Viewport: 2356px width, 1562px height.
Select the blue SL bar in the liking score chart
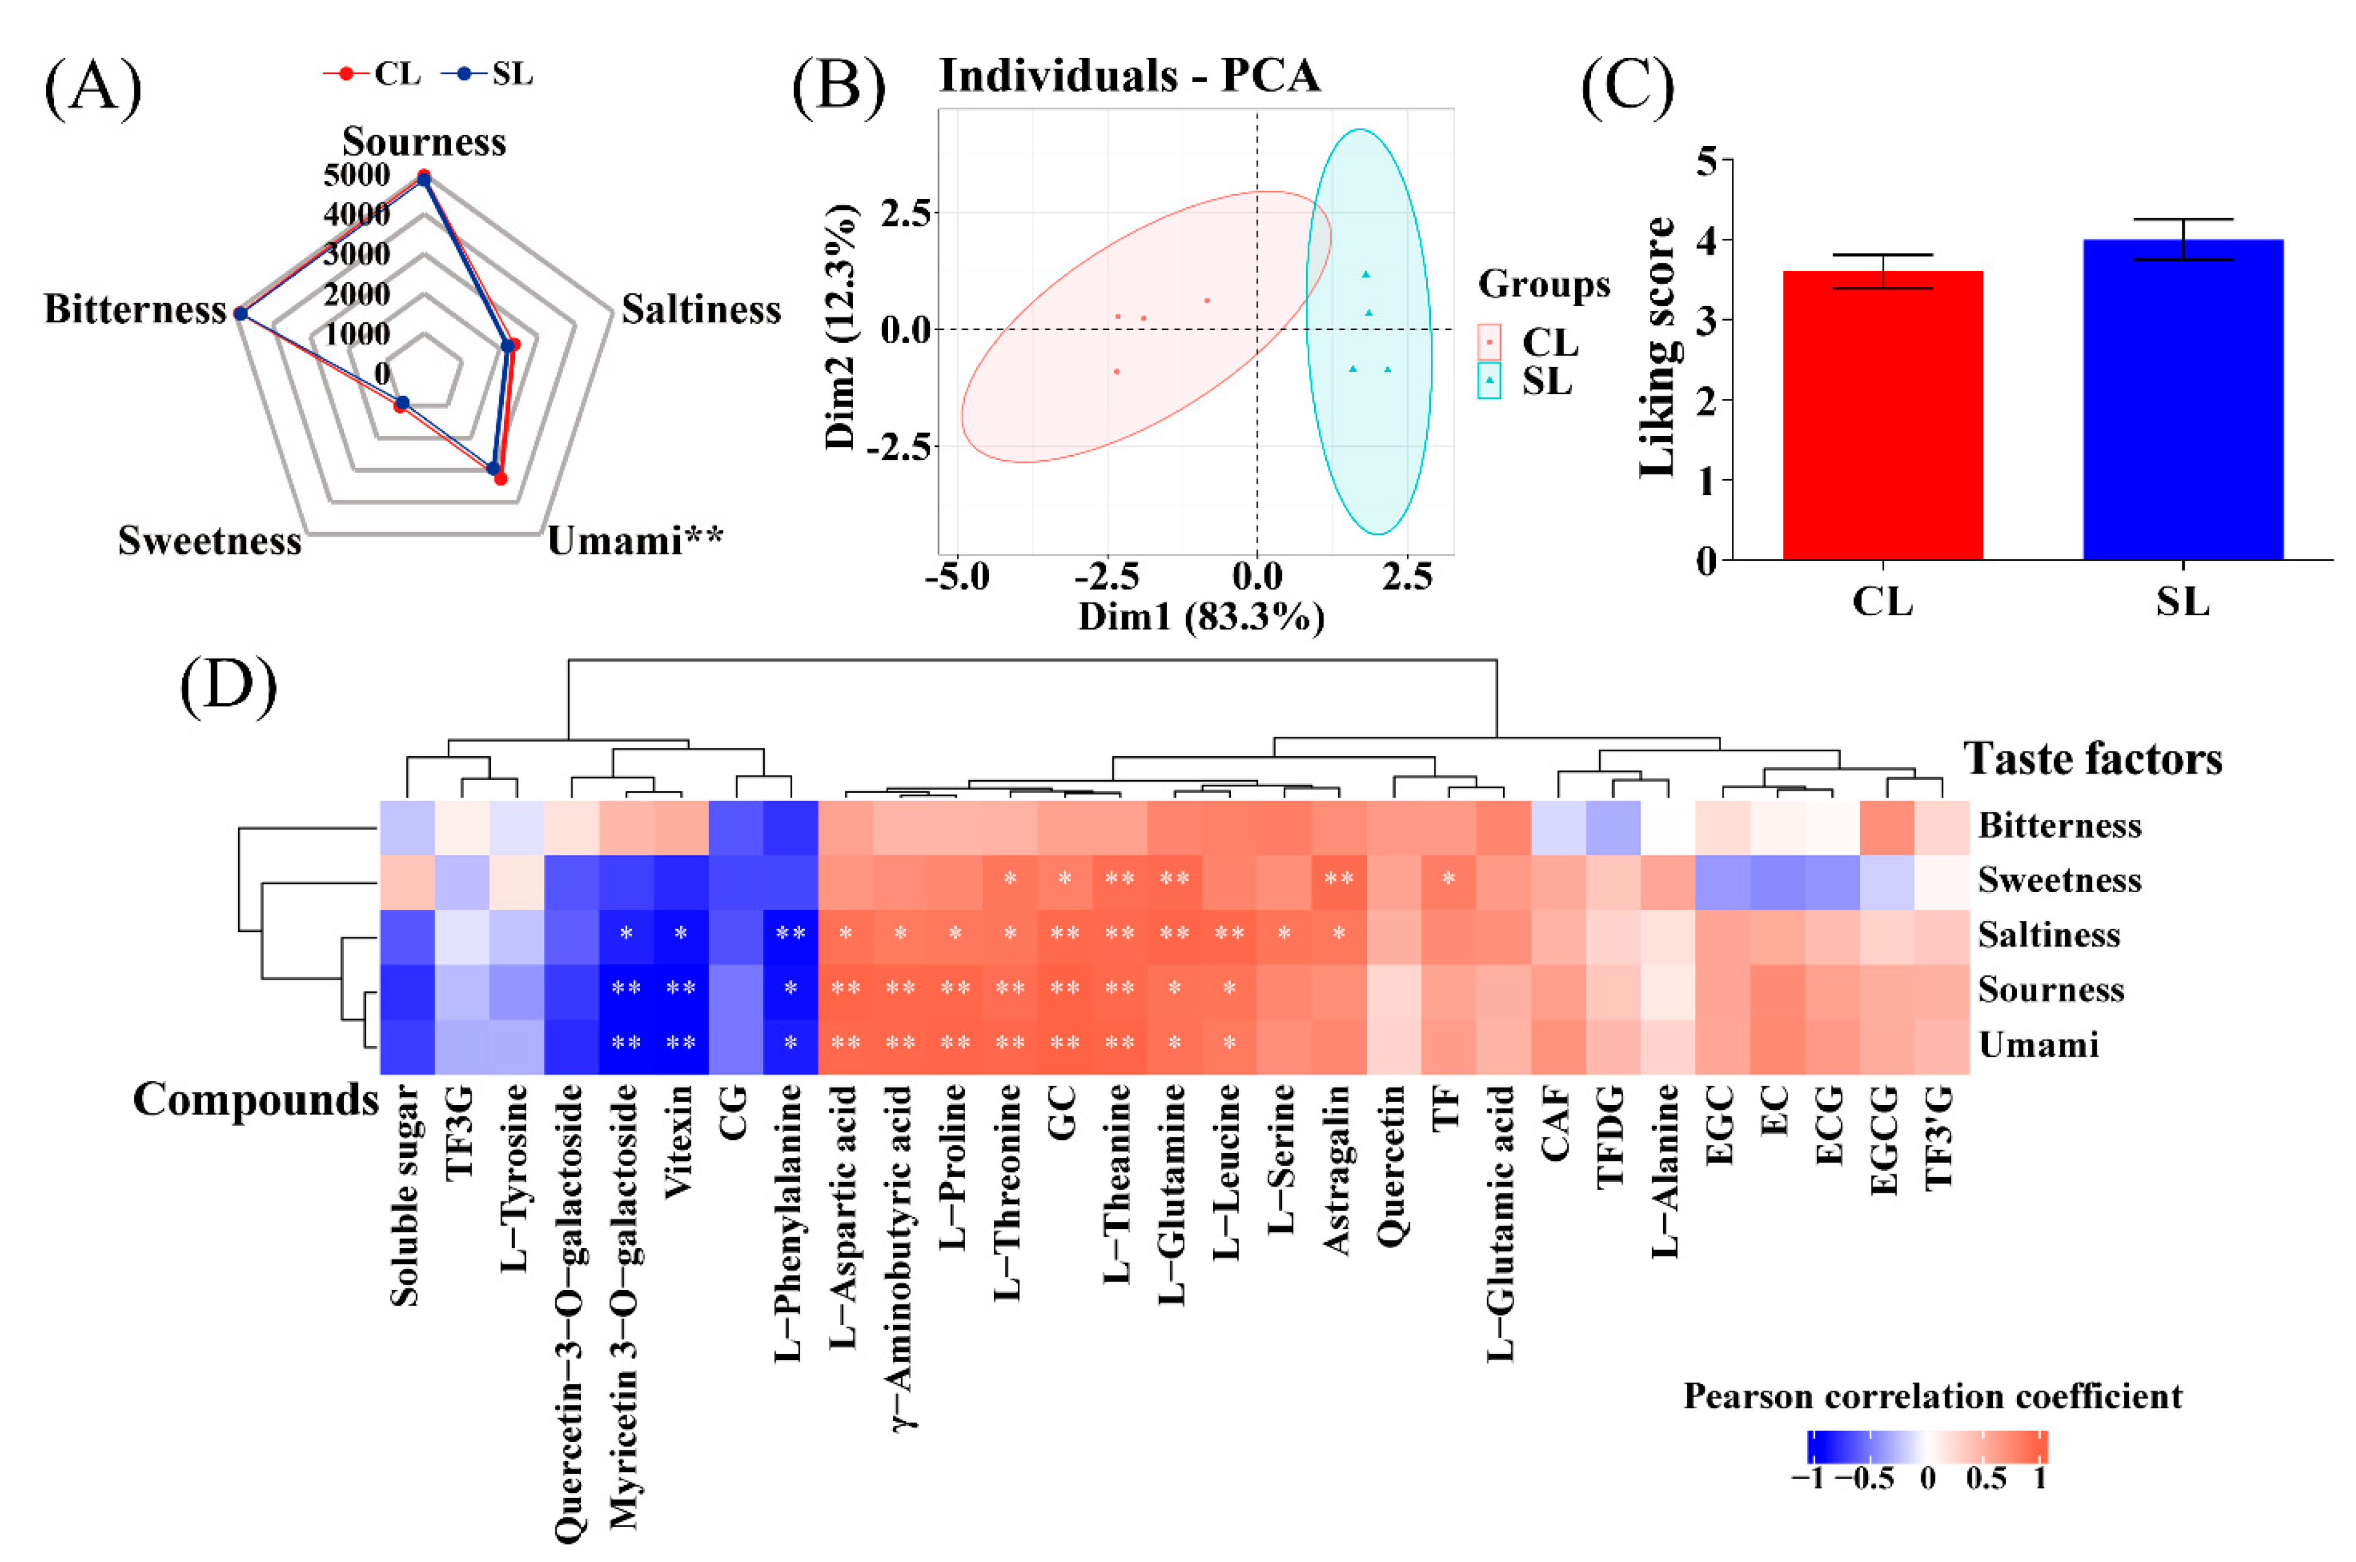[x=2183, y=398]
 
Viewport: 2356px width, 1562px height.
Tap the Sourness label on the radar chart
[x=424, y=141]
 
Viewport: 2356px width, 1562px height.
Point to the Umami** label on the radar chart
[x=635, y=541]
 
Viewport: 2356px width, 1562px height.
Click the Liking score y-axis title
[x=1658, y=347]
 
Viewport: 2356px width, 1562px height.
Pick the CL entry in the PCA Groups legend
[x=1549, y=343]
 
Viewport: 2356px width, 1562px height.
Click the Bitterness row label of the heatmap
[x=2059, y=826]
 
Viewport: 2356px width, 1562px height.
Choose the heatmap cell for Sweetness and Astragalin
[x=1338, y=880]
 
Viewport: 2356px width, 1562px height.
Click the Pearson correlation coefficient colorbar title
[x=1932, y=1397]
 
